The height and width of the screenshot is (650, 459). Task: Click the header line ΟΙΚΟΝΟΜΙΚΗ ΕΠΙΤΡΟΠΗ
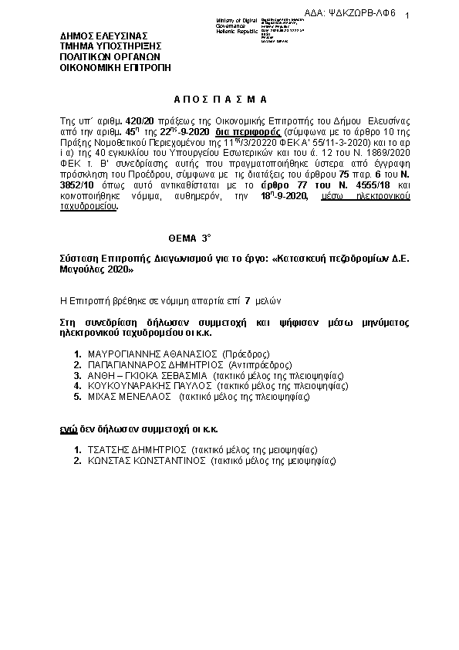pyautogui.click(x=115, y=67)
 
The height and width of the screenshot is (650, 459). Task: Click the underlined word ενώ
pyautogui.click(x=68, y=428)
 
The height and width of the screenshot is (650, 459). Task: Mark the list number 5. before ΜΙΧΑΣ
pyautogui.click(x=78, y=397)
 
